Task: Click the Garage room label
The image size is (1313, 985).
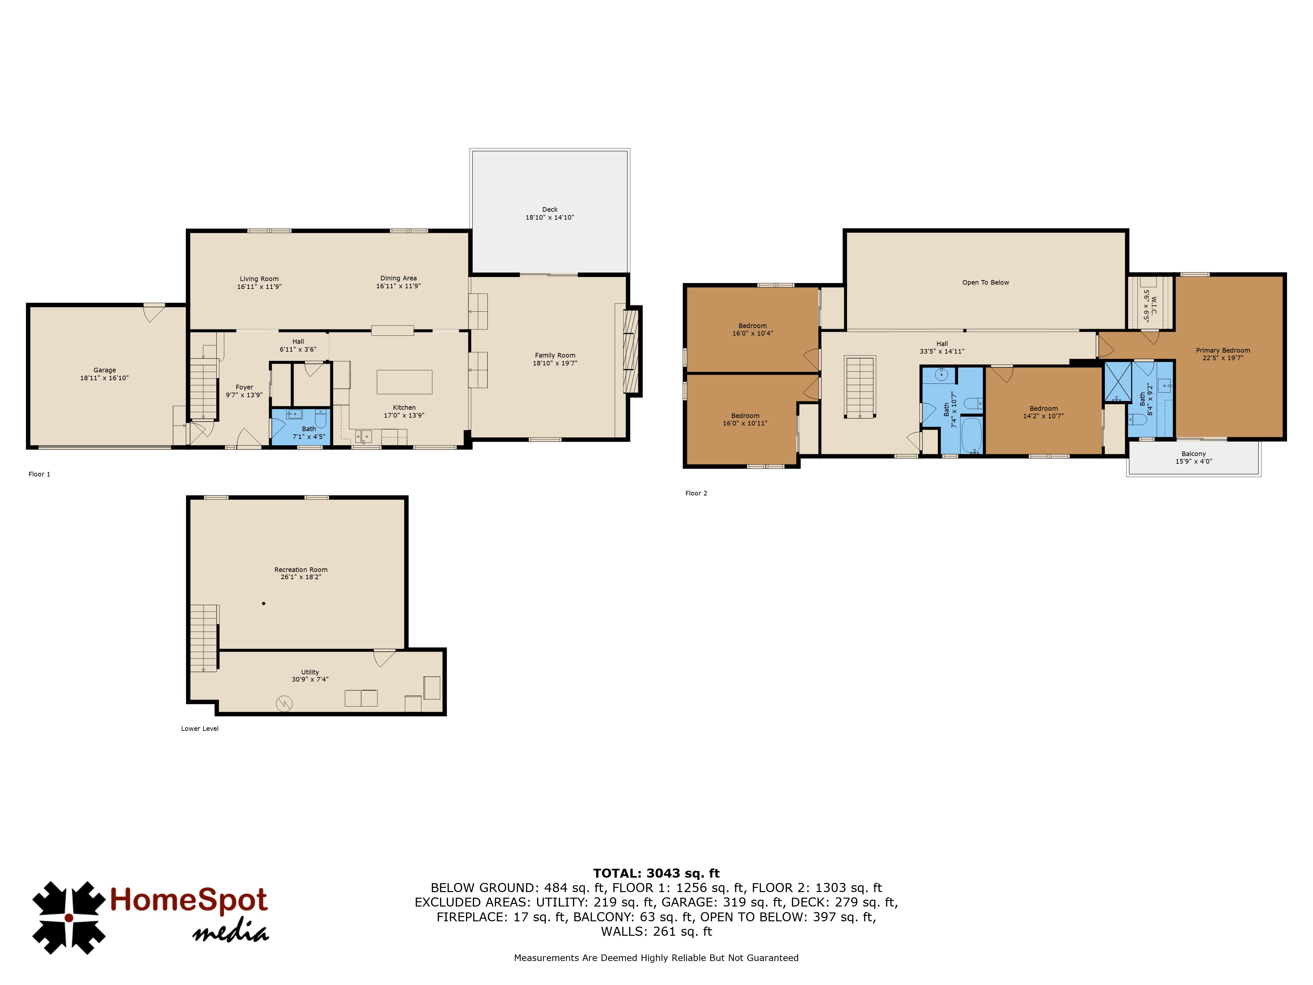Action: point(104,370)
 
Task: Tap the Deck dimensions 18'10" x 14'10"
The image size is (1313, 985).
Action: point(550,217)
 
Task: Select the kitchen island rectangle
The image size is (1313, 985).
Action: point(404,382)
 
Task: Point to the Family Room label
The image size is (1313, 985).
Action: point(555,355)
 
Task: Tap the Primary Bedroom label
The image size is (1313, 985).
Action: point(1223,350)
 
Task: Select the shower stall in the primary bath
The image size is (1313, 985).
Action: point(1118,382)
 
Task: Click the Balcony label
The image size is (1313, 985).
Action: point(1194,454)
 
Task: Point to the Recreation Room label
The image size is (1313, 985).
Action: point(301,569)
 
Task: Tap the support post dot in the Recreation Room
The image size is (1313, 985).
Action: point(264,603)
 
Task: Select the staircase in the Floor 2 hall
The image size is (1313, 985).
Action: point(859,387)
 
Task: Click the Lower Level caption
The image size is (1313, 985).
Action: point(200,729)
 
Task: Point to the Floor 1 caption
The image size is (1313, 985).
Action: point(39,474)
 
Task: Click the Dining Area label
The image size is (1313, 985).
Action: point(398,278)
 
